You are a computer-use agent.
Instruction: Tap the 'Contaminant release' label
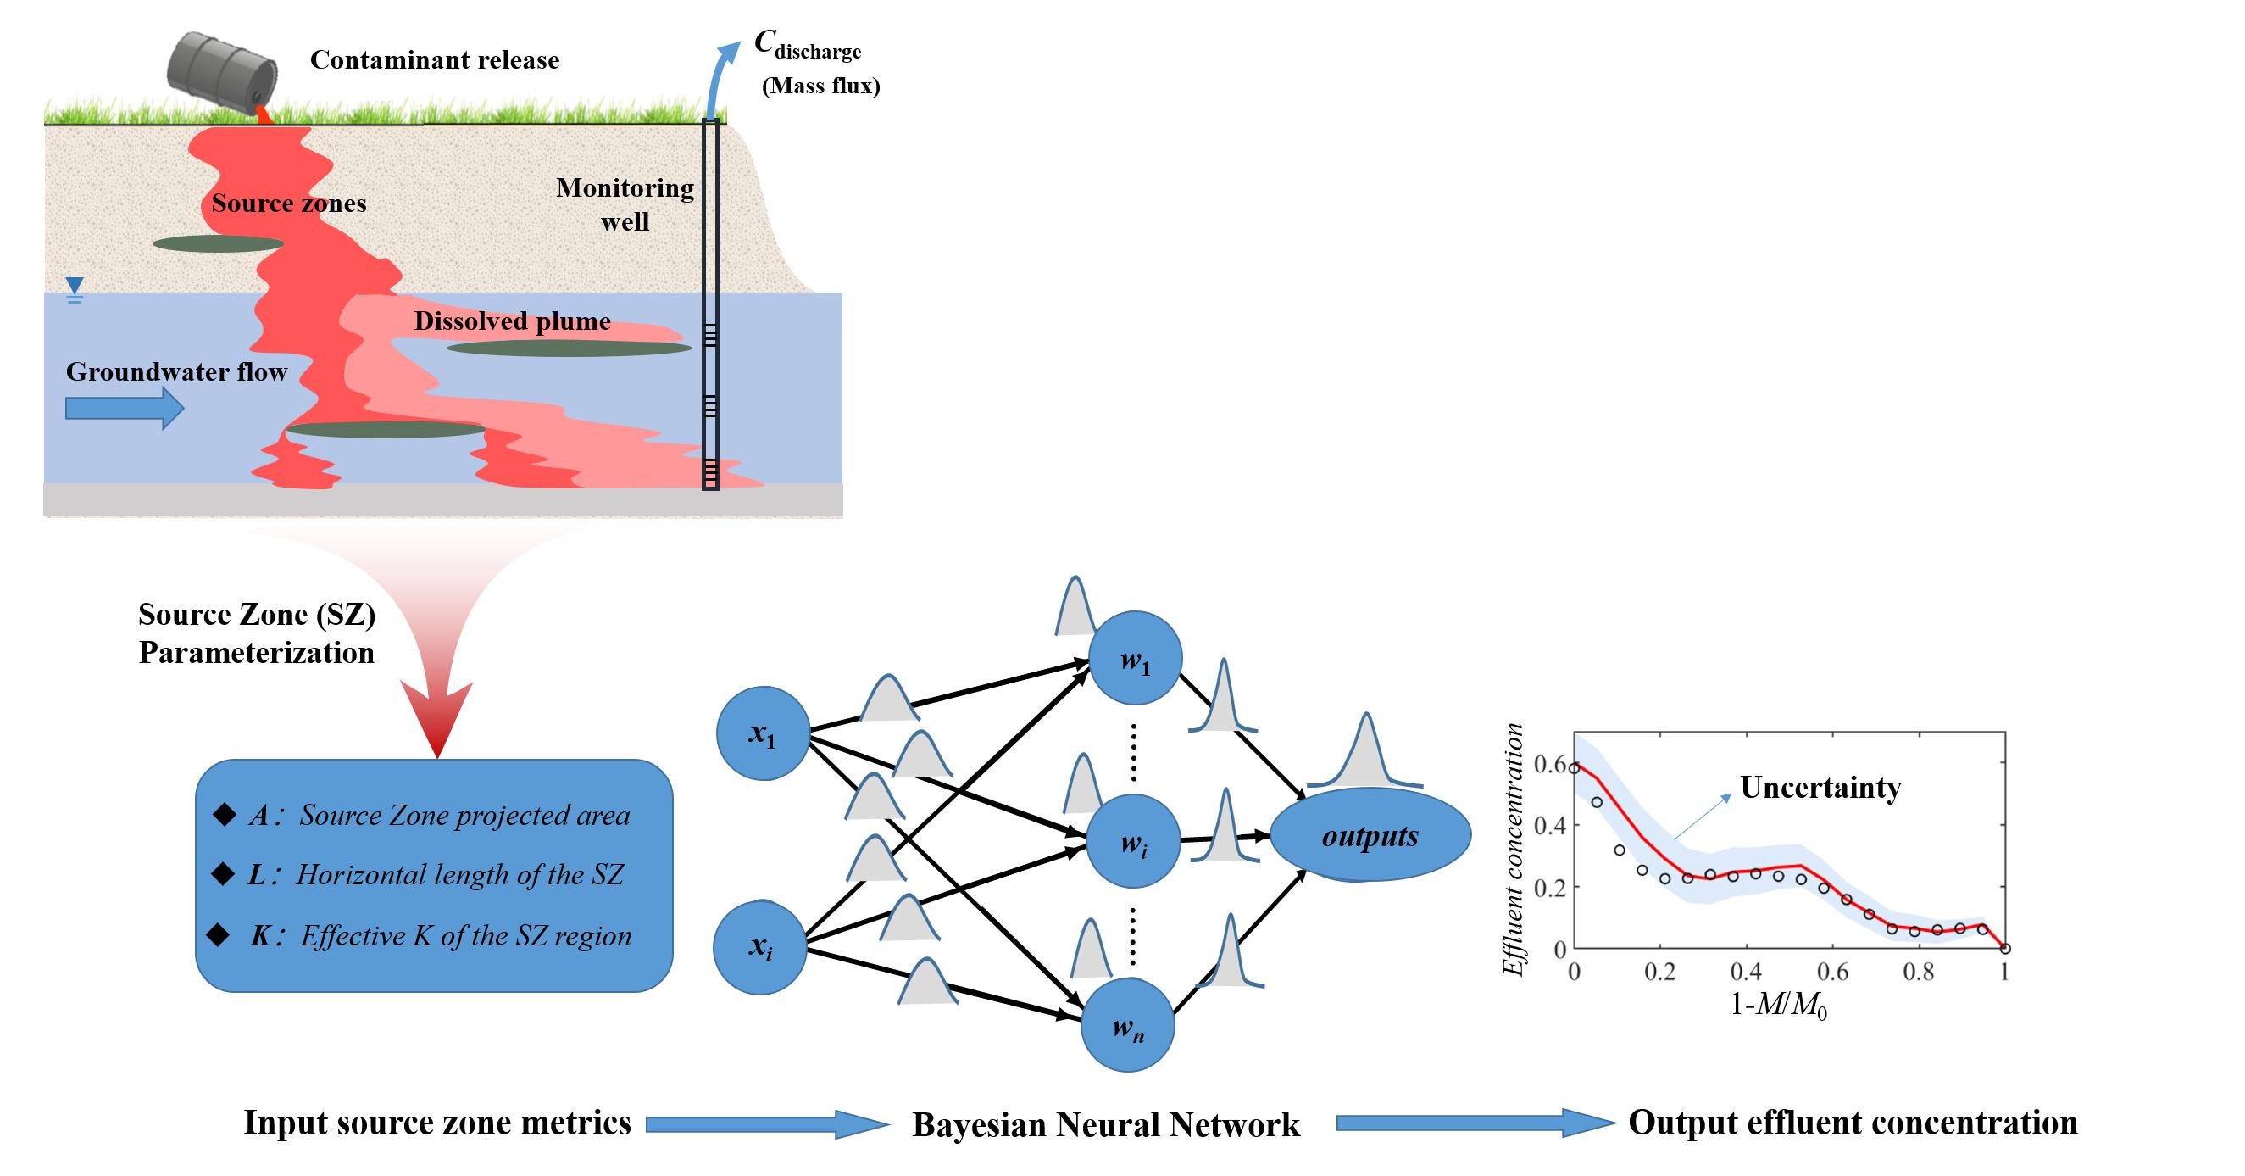(434, 60)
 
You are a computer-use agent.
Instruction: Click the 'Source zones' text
(288, 203)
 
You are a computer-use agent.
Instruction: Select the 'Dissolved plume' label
(512, 320)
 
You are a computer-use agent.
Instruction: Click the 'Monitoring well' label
(625, 204)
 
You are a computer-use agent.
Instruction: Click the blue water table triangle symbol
(75, 286)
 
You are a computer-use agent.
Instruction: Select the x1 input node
(763, 734)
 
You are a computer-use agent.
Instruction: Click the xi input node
(760, 948)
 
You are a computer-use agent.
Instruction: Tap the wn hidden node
(1128, 1026)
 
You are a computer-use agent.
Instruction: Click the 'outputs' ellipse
(1370, 836)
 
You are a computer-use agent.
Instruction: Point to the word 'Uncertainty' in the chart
(1820, 787)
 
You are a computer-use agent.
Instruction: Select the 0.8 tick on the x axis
(1918, 971)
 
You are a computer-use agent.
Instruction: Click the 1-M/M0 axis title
(1778, 1005)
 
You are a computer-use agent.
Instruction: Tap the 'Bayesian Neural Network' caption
(1105, 1124)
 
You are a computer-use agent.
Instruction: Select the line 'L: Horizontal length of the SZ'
(436, 874)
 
